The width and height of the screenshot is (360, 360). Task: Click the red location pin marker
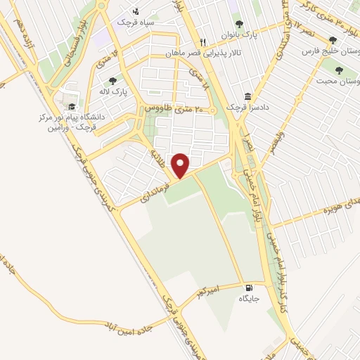181,164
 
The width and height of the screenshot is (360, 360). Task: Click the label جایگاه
249,299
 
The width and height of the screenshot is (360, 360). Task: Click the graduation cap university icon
72,107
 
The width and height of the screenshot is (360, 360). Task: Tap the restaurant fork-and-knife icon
203,42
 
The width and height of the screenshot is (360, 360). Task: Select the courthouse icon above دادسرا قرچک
247,96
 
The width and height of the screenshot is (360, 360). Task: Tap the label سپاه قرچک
135,21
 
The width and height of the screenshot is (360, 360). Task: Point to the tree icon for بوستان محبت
340,70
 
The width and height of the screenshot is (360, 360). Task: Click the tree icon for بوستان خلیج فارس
333,40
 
